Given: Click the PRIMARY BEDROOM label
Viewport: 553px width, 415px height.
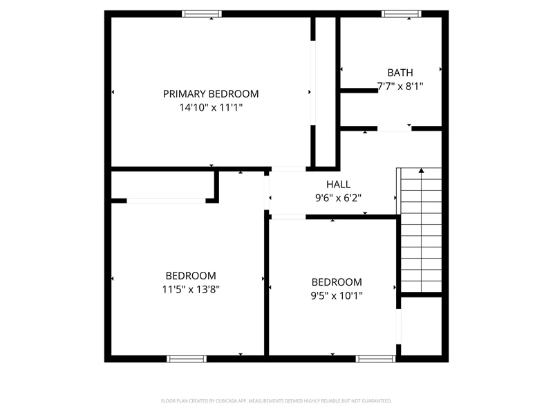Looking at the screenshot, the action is (211, 94).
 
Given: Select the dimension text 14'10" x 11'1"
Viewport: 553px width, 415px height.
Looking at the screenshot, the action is (211, 107).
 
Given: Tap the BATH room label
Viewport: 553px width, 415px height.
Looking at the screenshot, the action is (400, 73).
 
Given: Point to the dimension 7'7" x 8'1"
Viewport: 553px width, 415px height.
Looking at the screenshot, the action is (400, 86).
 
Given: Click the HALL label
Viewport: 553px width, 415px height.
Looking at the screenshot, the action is (338, 184).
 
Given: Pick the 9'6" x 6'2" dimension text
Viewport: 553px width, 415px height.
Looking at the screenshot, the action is (338, 198).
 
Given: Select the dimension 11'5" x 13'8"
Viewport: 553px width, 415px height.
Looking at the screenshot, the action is (191, 289).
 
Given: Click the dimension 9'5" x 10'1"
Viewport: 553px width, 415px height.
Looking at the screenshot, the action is (337, 295).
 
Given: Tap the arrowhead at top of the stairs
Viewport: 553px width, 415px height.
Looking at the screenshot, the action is (421, 171).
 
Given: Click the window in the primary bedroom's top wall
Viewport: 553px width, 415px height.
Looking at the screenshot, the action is (202, 14).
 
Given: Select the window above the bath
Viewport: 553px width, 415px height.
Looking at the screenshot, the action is (401, 14).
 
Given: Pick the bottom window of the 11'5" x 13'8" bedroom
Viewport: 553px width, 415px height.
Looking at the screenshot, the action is (187, 359).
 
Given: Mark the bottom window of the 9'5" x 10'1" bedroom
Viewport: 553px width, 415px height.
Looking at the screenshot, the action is (375, 359).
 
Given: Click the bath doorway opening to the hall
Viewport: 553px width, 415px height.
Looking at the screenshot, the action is (394, 129).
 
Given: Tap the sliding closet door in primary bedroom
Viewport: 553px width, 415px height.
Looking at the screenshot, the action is (313, 83).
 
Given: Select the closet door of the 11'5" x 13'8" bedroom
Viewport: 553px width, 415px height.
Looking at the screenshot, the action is (166, 201).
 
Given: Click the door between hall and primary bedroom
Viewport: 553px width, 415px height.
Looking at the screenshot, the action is (288, 169).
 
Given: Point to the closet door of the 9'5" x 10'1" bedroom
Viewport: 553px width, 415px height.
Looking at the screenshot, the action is (399, 326).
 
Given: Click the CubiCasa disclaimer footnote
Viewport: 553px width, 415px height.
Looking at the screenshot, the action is (276, 401).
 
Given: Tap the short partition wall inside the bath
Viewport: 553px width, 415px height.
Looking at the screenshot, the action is (359, 91).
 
